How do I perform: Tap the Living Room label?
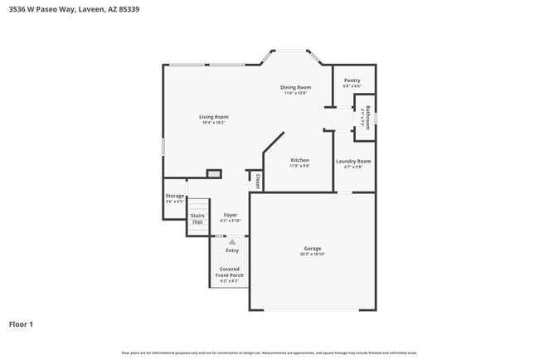pyautogui.click(x=213, y=117)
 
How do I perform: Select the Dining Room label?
pyautogui.click(x=295, y=87)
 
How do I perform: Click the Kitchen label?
pyautogui.click(x=299, y=160)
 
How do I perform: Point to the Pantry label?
pyautogui.click(x=352, y=80)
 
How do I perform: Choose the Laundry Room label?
pyautogui.click(x=352, y=161)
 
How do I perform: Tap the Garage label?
pyautogui.click(x=312, y=248)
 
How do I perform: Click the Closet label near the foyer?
pyautogui.click(x=258, y=180)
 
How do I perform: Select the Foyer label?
pyautogui.click(x=230, y=215)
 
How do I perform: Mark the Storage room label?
pyautogui.click(x=174, y=196)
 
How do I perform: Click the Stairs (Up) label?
pyautogui.click(x=197, y=219)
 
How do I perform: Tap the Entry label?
pyautogui.click(x=232, y=250)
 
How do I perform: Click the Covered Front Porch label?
pyautogui.click(x=230, y=271)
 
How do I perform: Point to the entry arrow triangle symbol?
pyautogui.click(x=221, y=241)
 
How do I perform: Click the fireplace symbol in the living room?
pyautogui.click(x=214, y=174)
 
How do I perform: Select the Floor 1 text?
pyautogui.click(x=21, y=324)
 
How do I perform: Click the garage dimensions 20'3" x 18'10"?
pyautogui.click(x=312, y=254)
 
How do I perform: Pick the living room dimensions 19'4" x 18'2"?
pyautogui.click(x=213, y=123)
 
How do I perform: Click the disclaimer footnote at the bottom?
pyautogui.click(x=269, y=353)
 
